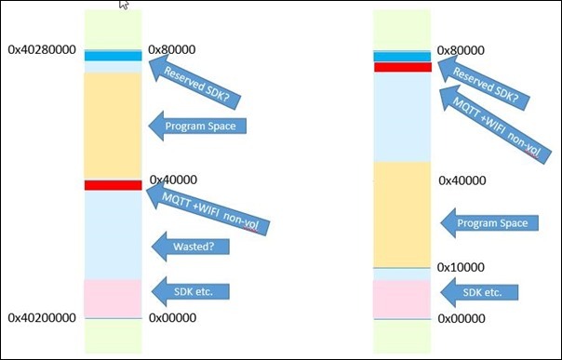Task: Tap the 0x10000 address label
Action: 461,267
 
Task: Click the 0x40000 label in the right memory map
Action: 461,180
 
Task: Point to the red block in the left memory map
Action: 112,185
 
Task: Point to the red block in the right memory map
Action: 402,67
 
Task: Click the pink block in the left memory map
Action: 112,298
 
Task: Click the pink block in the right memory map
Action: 402,299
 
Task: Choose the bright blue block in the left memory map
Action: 112,57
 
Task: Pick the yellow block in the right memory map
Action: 402,214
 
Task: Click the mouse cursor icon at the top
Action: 125,6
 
